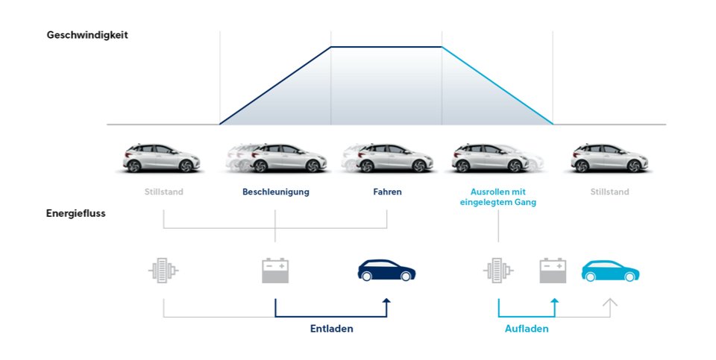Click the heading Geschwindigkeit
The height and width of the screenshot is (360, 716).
(87, 35)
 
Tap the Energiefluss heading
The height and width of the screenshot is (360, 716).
(76, 213)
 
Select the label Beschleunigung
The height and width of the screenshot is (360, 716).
(276, 192)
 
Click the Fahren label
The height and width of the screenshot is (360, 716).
(387, 192)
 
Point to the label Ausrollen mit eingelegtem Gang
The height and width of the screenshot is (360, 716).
(498, 197)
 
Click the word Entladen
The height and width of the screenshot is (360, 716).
(331, 329)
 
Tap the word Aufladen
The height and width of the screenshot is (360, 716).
(527, 329)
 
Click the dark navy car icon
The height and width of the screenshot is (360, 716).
(386, 271)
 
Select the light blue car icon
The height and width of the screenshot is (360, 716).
(610, 271)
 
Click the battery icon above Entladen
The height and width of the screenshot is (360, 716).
(275, 271)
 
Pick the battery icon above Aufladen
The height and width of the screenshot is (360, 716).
(553, 271)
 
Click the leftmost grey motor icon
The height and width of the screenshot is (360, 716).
(163, 271)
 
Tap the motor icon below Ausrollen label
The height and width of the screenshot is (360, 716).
(498, 271)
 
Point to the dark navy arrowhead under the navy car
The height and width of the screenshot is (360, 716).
(387, 301)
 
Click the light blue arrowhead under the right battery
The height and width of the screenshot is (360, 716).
(555, 301)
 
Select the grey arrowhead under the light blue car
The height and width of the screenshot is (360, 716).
(610, 302)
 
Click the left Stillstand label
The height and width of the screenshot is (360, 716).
(164, 192)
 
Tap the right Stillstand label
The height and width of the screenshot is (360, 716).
(609, 192)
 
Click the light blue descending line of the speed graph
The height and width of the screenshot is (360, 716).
(497, 85)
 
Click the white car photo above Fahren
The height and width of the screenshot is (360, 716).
(387, 158)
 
